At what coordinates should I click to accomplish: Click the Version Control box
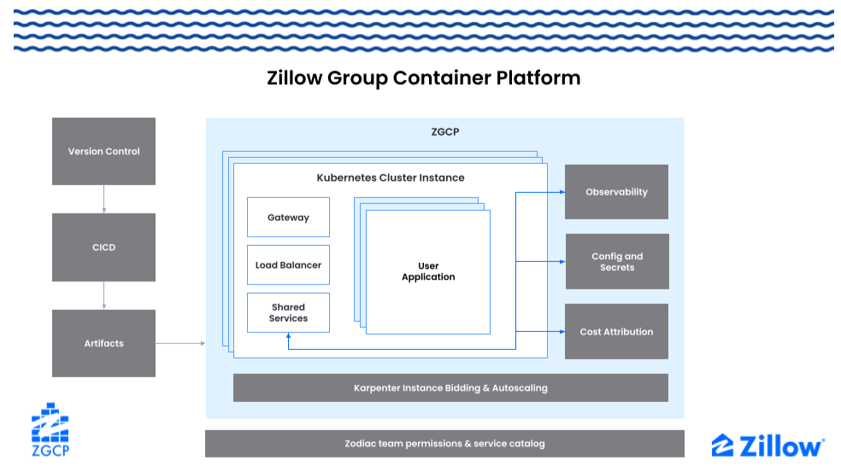[103, 151]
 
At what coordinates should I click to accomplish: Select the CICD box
[103, 248]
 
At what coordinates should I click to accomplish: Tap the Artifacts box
[103, 343]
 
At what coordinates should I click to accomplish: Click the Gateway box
[288, 218]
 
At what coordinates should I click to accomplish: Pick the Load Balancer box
[288, 265]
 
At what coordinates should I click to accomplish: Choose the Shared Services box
[288, 312]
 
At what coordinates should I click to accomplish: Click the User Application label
[428, 271]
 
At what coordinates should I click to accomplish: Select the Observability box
[616, 192]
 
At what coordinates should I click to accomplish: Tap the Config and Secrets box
[616, 262]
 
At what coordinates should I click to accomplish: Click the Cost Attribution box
[616, 331]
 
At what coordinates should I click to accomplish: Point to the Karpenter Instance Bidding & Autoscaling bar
[450, 387]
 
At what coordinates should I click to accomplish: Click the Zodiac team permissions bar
[444, 444]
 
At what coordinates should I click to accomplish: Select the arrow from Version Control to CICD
[103, 199]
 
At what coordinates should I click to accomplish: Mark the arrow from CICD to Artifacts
[103, 295]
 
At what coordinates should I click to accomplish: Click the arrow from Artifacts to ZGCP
[180, 343]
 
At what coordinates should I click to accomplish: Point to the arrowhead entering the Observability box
[561, 192]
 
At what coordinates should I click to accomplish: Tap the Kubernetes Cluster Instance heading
[391, 178]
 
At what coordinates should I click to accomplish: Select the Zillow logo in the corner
[767, 446]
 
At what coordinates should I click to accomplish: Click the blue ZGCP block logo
[50, 429]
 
